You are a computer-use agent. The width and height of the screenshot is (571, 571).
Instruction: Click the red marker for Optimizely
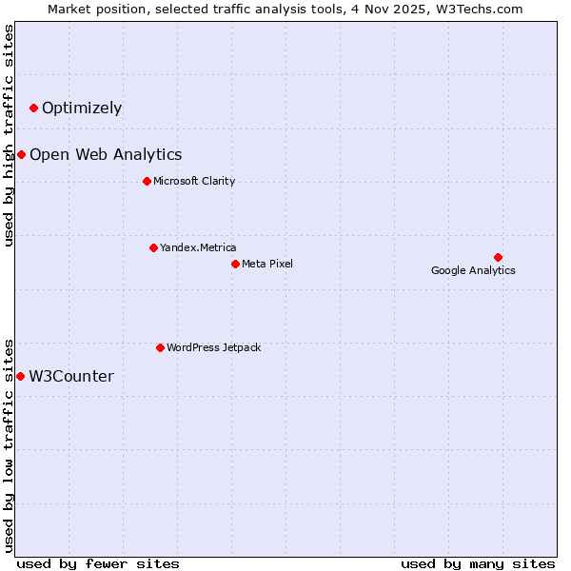coord(34,108)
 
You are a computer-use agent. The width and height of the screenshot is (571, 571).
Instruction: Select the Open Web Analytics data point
coord(21,155)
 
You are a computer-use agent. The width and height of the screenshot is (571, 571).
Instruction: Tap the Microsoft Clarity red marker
coord(147,182)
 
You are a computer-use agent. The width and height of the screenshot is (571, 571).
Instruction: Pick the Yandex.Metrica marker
coord(153,248)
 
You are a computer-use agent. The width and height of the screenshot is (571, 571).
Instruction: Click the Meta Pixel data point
coord(235,264)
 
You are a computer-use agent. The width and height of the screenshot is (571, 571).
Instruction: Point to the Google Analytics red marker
coord(498,258)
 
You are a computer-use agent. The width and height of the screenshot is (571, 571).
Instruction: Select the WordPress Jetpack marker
coord(160,348)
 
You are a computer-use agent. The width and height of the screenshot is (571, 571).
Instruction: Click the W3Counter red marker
coord(20,377)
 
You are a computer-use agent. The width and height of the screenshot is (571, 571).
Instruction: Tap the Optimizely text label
coord(82,108)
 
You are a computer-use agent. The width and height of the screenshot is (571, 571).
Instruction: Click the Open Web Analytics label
coord(106,155)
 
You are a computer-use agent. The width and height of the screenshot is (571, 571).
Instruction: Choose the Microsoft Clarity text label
coord(194,182)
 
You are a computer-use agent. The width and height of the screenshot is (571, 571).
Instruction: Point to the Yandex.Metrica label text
coord(198,248)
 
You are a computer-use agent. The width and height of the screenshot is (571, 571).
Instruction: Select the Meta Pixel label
coord(267,264)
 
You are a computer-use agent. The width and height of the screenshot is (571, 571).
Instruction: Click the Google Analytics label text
coord(473,271)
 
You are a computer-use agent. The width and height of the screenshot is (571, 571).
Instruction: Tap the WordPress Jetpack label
coord(213,348)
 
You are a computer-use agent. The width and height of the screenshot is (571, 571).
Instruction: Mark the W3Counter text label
coord(71,377)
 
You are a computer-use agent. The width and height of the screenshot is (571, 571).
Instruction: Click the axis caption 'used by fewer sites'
coord(98,563)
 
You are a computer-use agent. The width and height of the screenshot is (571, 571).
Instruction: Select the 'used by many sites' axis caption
coord(478,563)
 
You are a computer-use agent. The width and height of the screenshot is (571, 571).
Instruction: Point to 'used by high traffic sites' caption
coord(10,135)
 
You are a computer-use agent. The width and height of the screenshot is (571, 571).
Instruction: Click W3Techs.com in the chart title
coord(482,9)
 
